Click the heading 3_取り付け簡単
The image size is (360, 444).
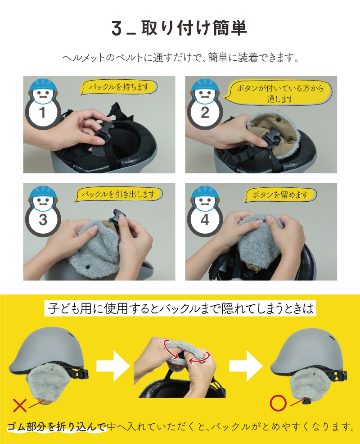pos(180,28)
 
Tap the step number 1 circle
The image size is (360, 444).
pos(43,112)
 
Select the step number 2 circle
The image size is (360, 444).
pos(205,113)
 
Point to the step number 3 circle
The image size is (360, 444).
pos(43,220)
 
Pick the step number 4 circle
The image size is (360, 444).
pos(205,220)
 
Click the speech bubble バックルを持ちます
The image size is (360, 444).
pos(119,87)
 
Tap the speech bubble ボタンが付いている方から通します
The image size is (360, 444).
pos(279,93)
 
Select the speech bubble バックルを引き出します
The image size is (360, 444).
pos(119,194)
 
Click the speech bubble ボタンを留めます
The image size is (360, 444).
pos(280,195)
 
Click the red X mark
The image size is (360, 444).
pos(19,405)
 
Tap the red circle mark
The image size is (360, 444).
pos(278,403)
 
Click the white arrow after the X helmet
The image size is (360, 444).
pos(113,366)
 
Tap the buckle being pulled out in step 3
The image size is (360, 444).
pos(116,218)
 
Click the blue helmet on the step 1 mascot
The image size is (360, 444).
pos(43,85)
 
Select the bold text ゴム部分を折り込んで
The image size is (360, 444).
pos(56,426)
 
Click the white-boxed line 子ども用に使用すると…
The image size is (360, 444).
pos(180,308)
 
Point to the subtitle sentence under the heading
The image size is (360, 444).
pos(180,58)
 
